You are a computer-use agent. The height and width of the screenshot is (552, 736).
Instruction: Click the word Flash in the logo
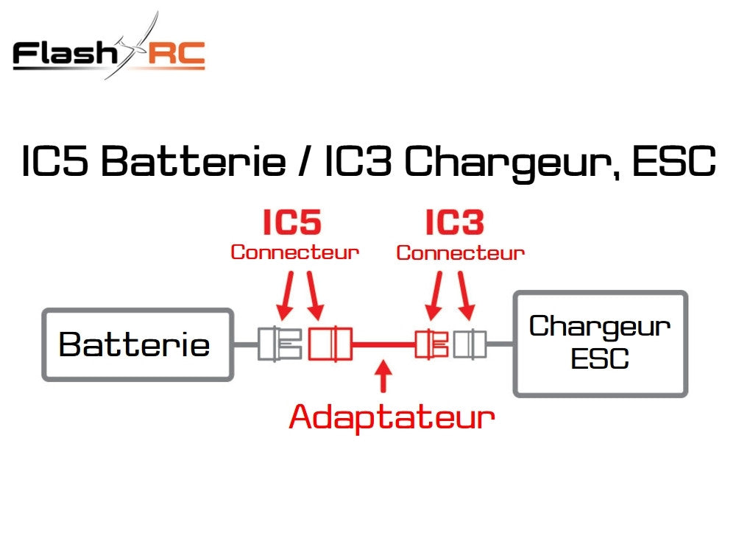[63, 54]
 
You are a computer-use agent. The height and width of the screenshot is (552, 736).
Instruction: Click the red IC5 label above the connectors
[293, 223]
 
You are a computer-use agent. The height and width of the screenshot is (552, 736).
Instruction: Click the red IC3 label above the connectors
[456, 223]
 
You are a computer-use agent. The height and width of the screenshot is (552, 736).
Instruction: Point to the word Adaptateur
[392, 417]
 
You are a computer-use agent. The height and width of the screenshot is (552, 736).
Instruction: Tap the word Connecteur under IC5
[294, 252]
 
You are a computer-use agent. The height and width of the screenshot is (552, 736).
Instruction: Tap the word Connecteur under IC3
[460, 253]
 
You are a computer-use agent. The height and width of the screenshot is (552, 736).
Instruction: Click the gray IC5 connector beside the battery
[280, 344]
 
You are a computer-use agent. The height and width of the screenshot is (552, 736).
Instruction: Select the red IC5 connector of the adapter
[330, 344]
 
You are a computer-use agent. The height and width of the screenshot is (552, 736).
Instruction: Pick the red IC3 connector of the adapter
[432, 344]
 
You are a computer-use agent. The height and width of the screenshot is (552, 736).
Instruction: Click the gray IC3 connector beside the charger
[470, 344]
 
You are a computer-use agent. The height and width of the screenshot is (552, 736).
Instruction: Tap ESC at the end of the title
[673, 163]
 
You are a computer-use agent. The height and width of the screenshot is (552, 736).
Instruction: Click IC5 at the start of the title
[56, 163]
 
